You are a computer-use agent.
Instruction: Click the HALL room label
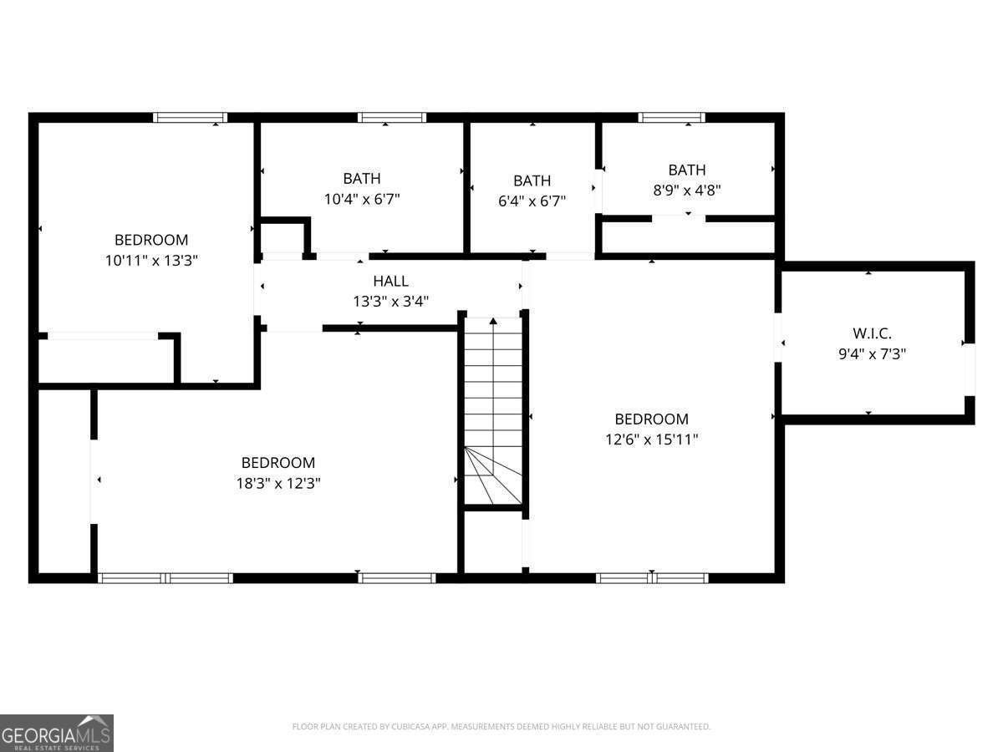click(x=390, y=282)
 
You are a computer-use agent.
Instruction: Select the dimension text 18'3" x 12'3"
click(x=278, y=483)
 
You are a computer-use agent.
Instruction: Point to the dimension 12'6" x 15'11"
click(x=651, y=440)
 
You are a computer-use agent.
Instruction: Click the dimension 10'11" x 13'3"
click(x=151, y=260)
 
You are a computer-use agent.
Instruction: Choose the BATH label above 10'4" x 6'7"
click(x=362, y=179)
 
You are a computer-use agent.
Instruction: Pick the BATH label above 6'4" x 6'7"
click(x=532, y=180)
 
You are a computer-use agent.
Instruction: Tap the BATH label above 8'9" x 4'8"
click(x=686, y=170)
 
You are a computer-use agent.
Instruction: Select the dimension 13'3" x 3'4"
click(x=390, y=302)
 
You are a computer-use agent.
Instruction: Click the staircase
click(x=493, y=409)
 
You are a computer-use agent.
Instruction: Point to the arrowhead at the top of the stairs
click(x=493, y=320)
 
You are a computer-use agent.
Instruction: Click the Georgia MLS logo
click(x=56, y=733)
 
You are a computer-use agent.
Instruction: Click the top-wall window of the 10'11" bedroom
click(x=191, y=118)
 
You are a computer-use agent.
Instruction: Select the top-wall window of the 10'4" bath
click(x=392, y=118)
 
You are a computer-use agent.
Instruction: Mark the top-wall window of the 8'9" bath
click(x=671, y=118)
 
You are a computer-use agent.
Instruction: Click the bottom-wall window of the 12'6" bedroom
click(x=652, y=577)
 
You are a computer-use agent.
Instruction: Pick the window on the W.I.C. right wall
click(x=970, y=368)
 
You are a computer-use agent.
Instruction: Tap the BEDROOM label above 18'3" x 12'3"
click(x=278, y=463)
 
